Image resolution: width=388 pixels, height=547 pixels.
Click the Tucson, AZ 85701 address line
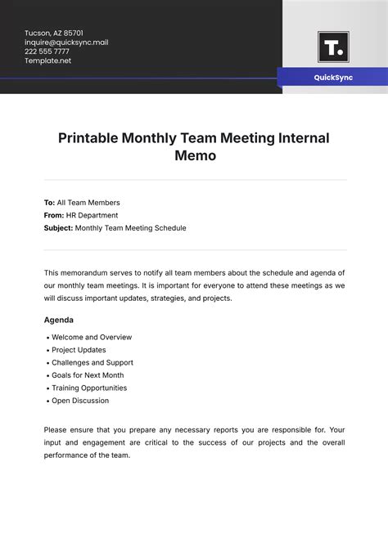coord(54,33)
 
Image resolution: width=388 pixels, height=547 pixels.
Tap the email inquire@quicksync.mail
coord(66,43)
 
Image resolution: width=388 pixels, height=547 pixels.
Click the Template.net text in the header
coord(48,61)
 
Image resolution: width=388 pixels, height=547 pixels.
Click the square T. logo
coord(332,47)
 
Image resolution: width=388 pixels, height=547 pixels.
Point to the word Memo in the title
coord(195,155)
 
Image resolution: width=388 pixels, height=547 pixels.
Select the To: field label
coord(49,203)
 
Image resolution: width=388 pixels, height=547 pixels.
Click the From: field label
coord(54,215)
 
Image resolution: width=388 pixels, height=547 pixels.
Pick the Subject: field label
coord(58,228)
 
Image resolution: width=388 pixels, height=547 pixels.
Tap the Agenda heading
coord(58,320)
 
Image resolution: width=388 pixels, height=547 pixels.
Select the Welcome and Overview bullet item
coord(92,337)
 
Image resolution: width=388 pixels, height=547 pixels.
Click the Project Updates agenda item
coord(79,350)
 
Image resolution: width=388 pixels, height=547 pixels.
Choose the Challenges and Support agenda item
coord(92,362)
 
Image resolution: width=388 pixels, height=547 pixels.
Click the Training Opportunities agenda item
coord(89,388)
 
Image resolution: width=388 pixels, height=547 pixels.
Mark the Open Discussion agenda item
coord(80,401)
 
